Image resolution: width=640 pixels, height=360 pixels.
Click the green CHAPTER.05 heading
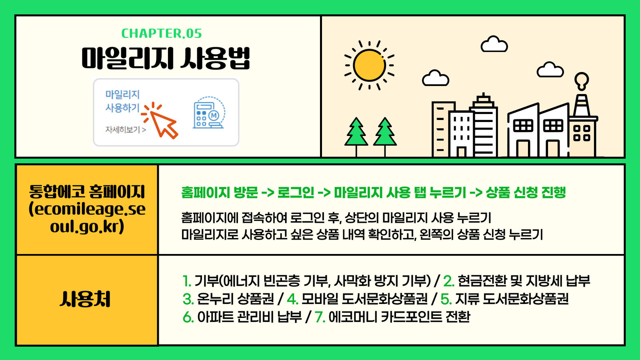click(x=162, y=34)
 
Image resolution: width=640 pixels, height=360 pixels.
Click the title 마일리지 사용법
click(x=166, y=58)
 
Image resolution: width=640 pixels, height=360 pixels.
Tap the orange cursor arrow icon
click(x=160, y=120)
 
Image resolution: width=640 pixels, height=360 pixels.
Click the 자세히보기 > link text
click(x=126, y=130)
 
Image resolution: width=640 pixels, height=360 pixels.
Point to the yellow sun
click(x=370, y=65)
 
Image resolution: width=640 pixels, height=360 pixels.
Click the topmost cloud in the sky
click(x=494, y=44)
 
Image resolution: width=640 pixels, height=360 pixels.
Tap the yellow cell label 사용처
click(x=85, y=299)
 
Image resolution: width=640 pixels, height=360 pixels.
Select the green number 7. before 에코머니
click(x=320, y=317)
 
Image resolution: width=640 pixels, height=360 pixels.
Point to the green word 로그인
click(x=296, y=192)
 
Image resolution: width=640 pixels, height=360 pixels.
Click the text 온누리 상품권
click(x=236, y=299)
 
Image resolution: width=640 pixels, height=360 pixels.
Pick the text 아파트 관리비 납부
click(x=250, y=317)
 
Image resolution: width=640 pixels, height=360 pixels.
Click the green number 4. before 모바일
click(x=292, y=299)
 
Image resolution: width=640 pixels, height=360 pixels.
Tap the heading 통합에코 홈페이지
click(x=87, y=192)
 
